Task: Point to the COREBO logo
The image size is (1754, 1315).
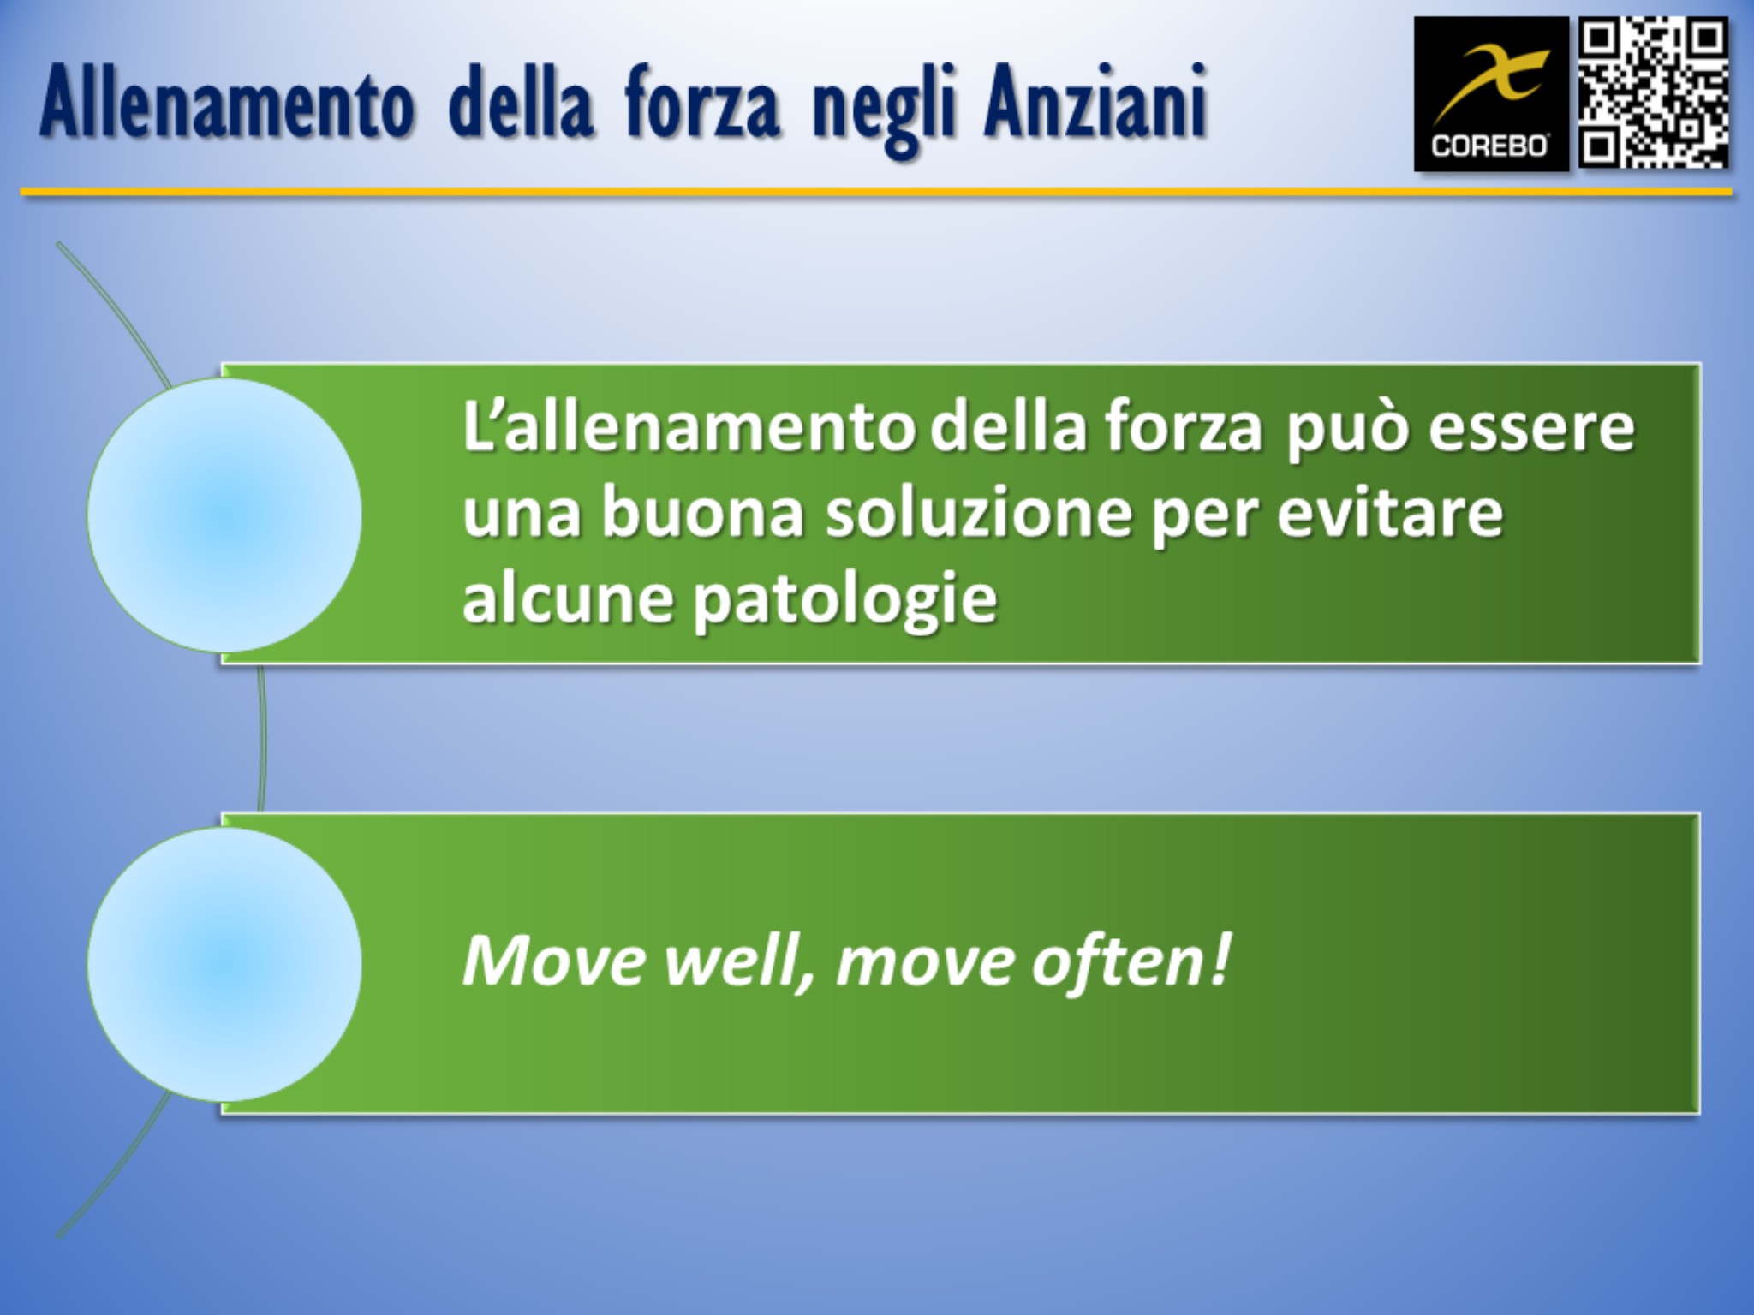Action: [x=1490, y=94]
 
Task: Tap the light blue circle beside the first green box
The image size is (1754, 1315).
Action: [x=224, y=515]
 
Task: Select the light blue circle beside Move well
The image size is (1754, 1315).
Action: [x=224, y=964]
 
